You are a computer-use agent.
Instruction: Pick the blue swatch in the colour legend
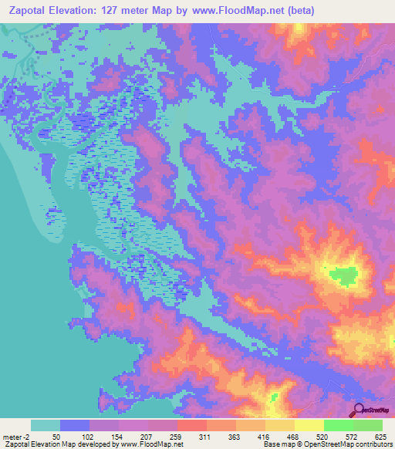point(75,425)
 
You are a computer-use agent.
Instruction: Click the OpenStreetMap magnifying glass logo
point(357,410)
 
